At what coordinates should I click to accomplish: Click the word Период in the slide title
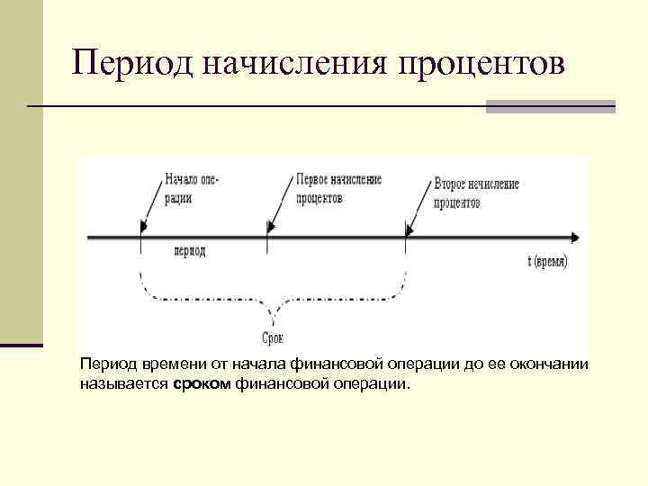(133, 64)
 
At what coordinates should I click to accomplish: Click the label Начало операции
(192, 188)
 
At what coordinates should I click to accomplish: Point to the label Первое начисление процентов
(338, 188)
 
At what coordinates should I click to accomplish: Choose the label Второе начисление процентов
(476, 193)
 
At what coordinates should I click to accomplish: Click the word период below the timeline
(189, 250)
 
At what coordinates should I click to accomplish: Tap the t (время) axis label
(548, 261)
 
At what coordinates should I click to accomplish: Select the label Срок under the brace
(273, 338)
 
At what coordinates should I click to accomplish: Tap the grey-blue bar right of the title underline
(550, 106)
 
